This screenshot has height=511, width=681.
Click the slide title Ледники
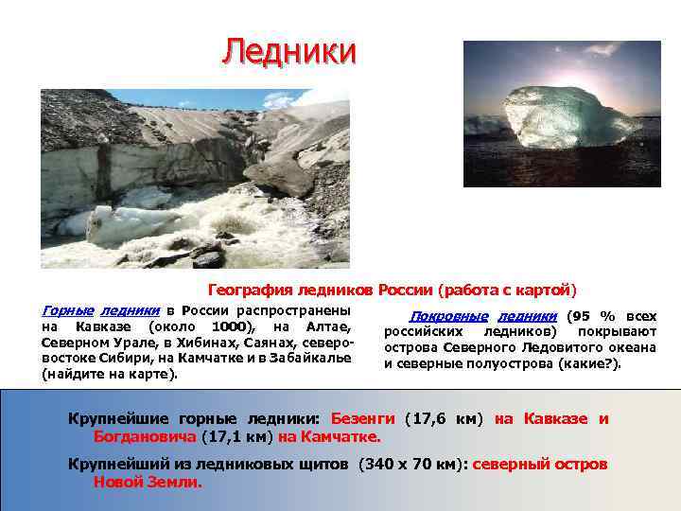tap(289, 51)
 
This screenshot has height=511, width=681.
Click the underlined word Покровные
tap(449, 316)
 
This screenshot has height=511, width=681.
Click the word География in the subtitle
tap(253, 290)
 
